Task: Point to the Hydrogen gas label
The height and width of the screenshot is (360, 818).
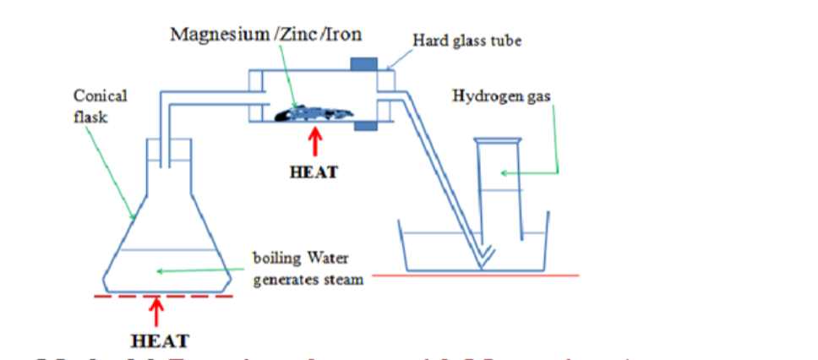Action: pos(502,96)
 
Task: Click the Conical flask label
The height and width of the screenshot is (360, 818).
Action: pos(100,106)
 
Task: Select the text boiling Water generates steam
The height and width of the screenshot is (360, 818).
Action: pos(308,267)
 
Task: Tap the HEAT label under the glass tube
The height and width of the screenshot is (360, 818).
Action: pos(314,172)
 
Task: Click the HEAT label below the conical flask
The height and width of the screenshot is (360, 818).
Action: pos(159,341)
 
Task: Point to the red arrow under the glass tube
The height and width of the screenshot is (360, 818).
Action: pos(314,142)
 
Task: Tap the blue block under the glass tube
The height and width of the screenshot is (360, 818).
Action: pos(365,127)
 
